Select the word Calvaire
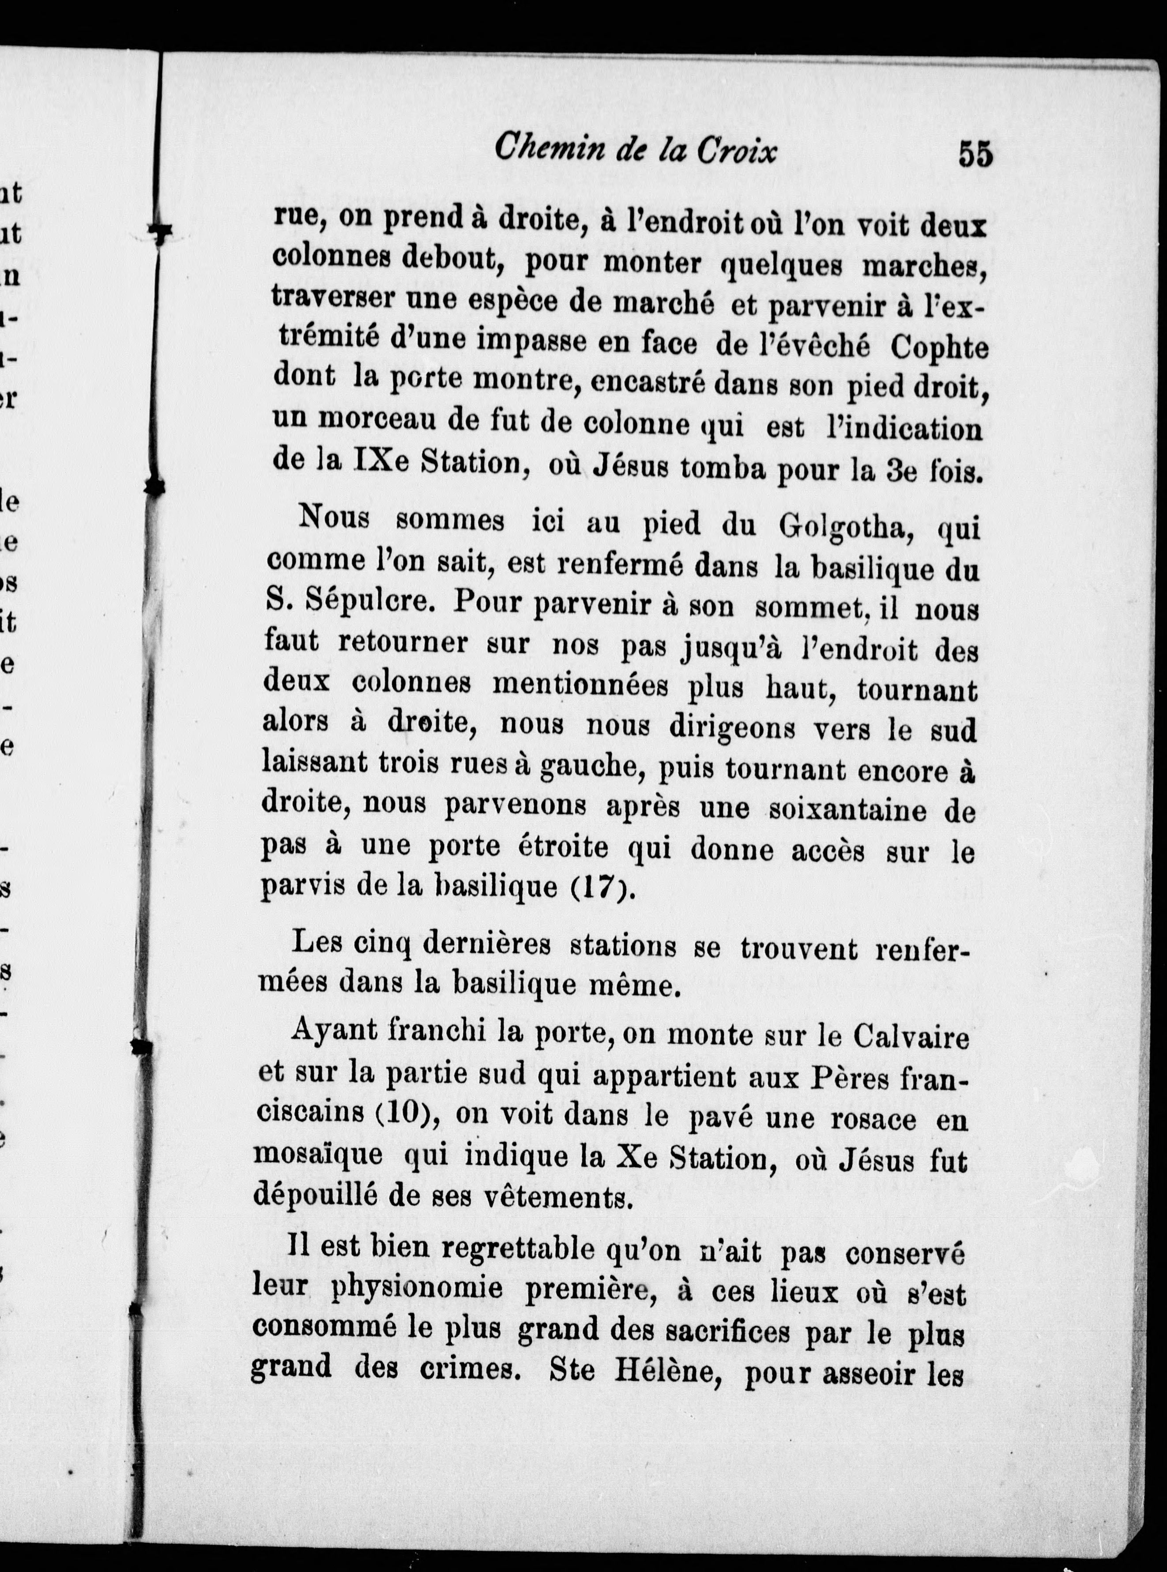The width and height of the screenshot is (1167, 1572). click(911, 1037)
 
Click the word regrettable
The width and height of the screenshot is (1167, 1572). click(519, 1249)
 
